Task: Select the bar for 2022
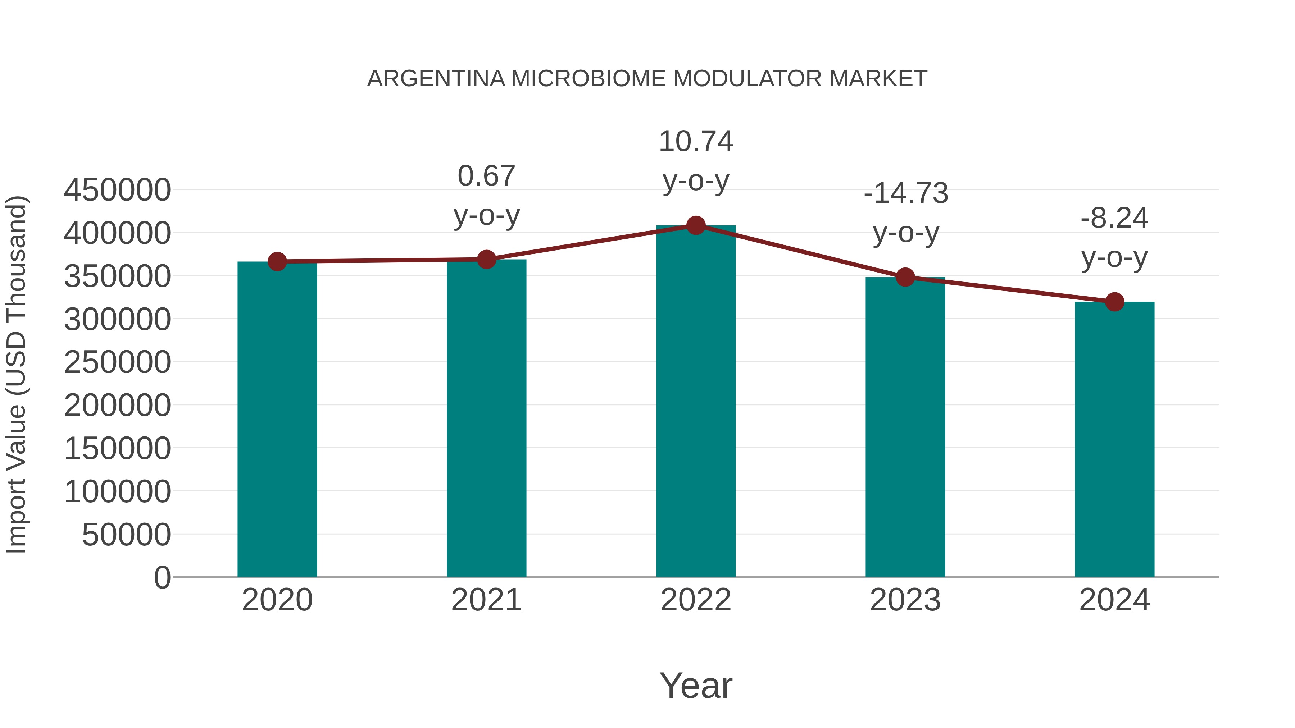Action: [x=696, y=402]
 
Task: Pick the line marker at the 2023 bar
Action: [x=905, y=277]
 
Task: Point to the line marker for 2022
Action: [x=696, y=225]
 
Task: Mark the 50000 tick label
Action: [x=126, y=535]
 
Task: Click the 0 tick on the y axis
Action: [x=162, y=577]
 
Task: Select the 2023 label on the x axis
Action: [x=905, y=600]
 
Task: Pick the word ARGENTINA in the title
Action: [x=436, y=79]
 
